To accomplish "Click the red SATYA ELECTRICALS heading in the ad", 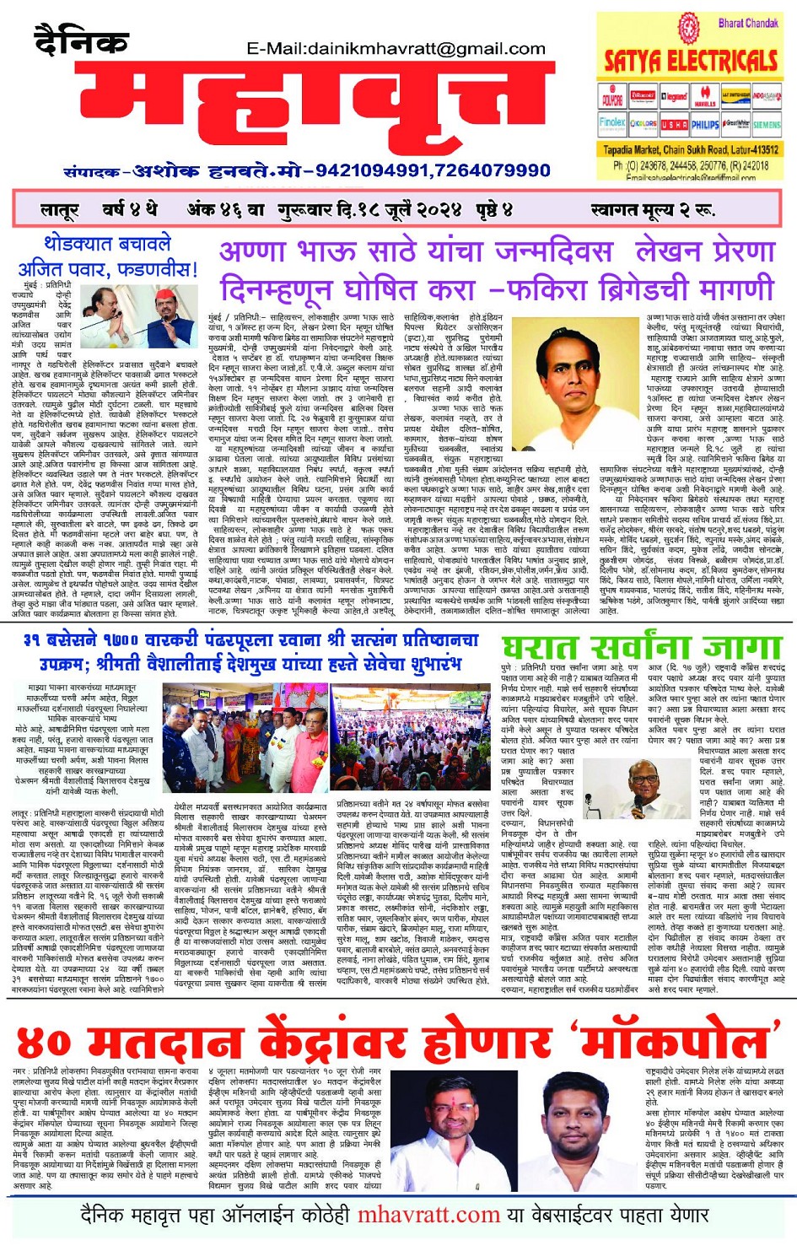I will (691, 61).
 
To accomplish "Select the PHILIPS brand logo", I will (705, 125).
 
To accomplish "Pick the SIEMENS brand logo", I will (767, 125).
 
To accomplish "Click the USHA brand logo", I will (674, 125).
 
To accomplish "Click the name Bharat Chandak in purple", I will (747, 23).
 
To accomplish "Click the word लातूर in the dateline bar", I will (59, 210).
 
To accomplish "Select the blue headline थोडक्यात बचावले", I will (107, 245).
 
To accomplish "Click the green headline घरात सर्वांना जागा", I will (641, 648).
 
